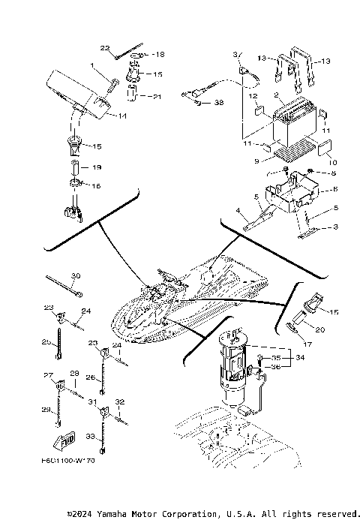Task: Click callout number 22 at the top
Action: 105,48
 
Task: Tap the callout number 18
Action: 158,55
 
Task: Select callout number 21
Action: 157,97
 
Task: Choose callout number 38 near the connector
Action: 219,102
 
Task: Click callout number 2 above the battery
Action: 277,95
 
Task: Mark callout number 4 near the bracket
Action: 238,212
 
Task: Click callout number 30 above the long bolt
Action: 75,275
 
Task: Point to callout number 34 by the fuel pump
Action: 300,358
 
